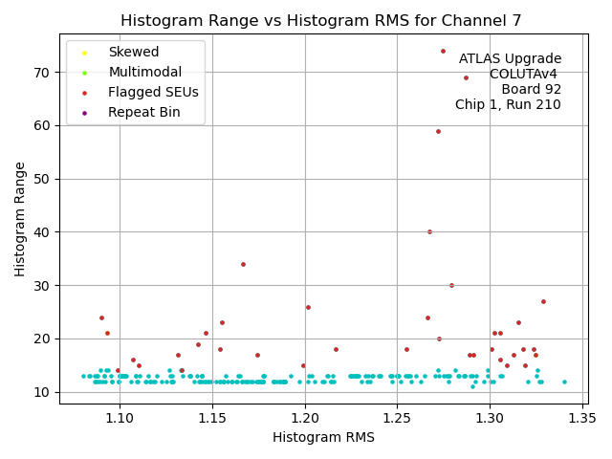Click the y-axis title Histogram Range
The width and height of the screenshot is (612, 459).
20,219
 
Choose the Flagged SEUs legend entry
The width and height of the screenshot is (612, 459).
153,93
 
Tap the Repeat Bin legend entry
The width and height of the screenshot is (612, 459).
143,113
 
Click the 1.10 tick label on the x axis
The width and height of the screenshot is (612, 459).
120,418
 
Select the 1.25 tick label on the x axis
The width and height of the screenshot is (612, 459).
398,418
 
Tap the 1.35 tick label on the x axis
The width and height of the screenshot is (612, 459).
582,418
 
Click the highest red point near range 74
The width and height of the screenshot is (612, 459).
443,51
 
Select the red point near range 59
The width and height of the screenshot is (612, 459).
438,131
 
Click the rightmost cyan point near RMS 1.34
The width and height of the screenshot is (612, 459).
564,382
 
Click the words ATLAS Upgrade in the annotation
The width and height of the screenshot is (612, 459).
510,58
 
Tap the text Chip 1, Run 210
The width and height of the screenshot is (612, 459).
508,104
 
